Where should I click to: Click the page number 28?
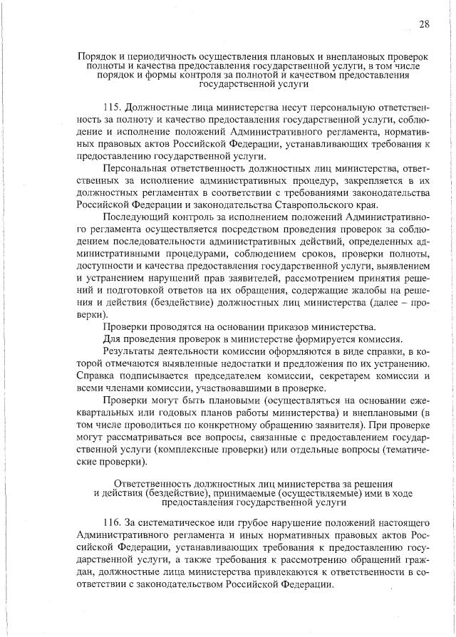click(x=423, y=24)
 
